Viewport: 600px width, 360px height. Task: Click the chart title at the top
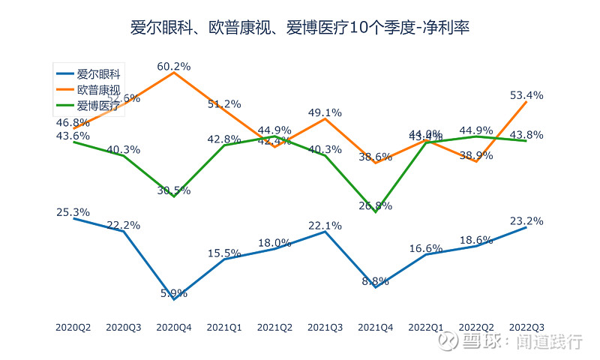coord(300,28)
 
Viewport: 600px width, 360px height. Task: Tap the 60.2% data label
coord(174,66)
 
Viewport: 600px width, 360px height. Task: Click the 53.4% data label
coord(526,95)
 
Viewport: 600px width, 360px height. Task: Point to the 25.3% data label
coord(73,212)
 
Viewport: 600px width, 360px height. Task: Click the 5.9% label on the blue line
coord(174,293)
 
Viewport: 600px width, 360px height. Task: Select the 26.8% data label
coord(375,205)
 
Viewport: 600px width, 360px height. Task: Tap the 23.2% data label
coord(526,220)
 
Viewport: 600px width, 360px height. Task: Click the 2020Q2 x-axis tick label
coord(73,327)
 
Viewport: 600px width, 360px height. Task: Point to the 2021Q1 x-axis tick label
coord(224,327)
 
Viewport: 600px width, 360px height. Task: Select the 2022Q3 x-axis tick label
coord(526,327)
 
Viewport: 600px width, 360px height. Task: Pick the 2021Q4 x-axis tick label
coord(375,327)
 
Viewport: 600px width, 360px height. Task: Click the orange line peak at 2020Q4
coord(174,73)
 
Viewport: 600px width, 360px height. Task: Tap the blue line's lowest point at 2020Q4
coord(174,299)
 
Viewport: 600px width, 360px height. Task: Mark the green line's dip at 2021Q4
coord(375,212)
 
